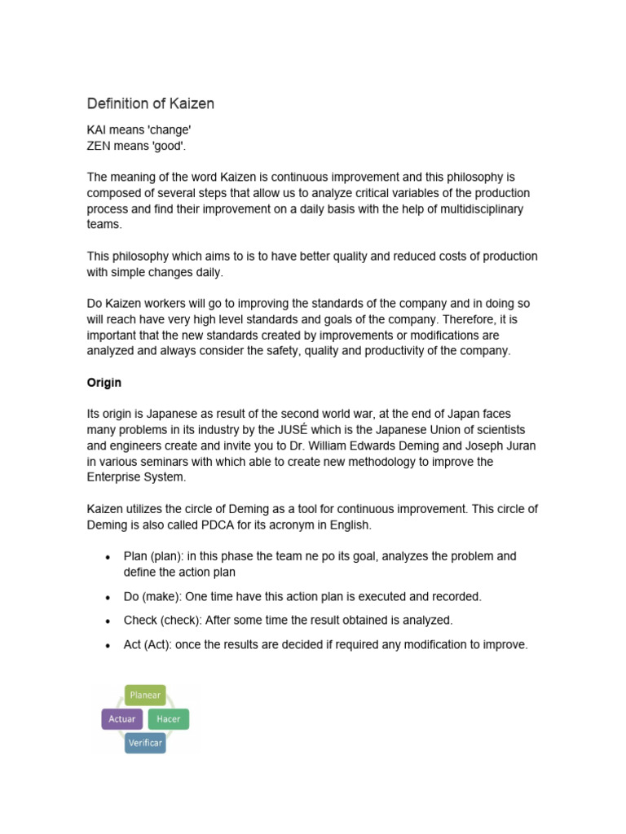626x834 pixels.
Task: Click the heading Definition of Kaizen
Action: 151,104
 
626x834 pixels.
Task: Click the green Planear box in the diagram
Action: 145,696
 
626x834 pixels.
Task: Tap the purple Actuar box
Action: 122,719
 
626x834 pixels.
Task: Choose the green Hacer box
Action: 169,719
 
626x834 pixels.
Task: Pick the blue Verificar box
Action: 145,743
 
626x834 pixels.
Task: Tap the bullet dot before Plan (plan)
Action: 108,557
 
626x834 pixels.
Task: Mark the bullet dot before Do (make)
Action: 108,598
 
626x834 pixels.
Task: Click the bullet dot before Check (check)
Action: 108,621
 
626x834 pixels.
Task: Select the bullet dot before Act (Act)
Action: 108,646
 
